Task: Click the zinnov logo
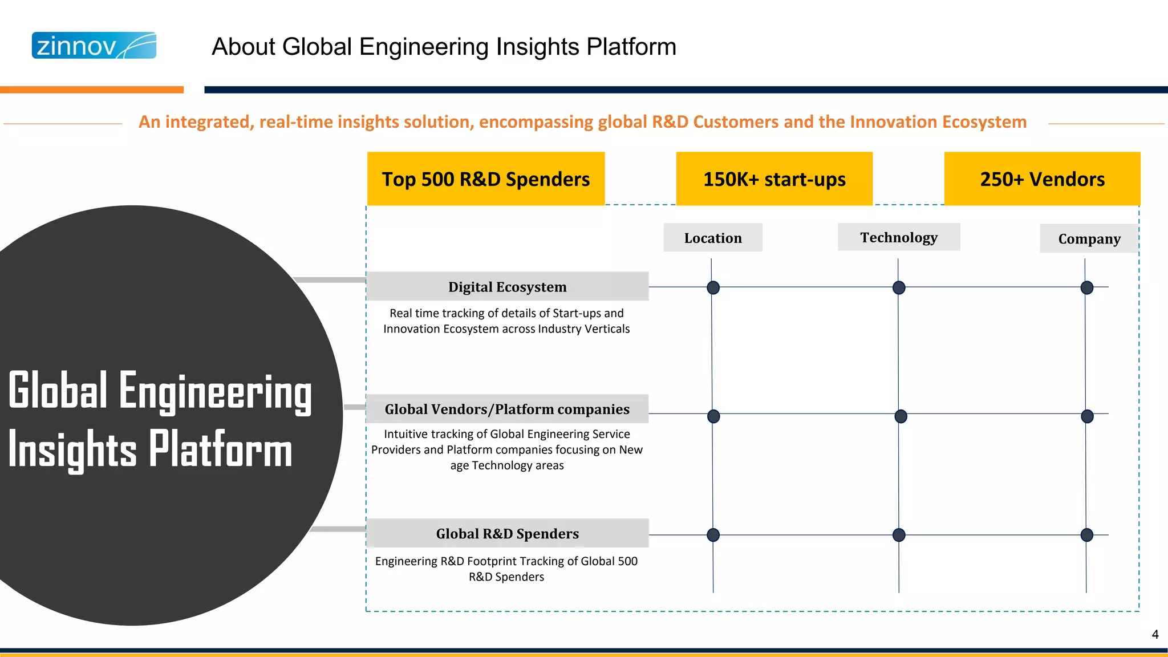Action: click(94, 46)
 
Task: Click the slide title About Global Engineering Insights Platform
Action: click(444, 47)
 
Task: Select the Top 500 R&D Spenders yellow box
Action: click(485, 179)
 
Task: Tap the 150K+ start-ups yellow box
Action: click(774, 179)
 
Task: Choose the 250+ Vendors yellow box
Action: click(1042, 179)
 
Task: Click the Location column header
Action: click(713, 238)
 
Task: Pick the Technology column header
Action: click(899, 237)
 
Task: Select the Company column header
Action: click(1089, 239)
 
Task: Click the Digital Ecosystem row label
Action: click(507, 287)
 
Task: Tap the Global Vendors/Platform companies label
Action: click(507, 409)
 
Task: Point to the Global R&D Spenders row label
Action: click(507, 533)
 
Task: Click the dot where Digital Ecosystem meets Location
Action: click(713, 287)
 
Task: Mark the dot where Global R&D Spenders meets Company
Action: click(1087, 534)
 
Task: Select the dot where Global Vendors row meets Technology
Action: click(901, 416)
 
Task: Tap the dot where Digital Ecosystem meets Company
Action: click(1087, 287)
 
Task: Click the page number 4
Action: click(1155, 634)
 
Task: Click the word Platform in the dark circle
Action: click(220, 450)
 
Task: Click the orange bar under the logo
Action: click(91, 90)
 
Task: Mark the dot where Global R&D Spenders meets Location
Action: click(713, 534)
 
